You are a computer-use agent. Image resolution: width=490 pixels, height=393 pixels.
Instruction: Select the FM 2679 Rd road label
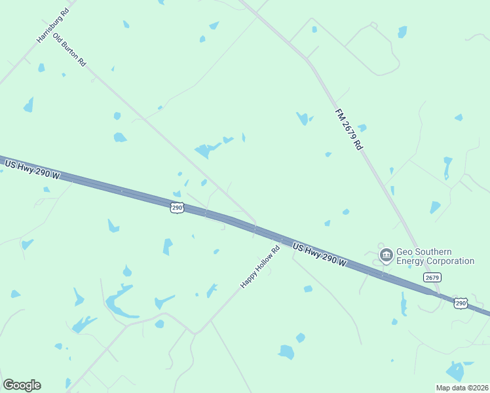(x=349, y=130)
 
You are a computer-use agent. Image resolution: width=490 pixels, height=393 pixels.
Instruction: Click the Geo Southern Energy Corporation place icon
(x=386, y=254)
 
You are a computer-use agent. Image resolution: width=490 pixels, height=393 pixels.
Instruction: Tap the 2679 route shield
(x=432, y=277)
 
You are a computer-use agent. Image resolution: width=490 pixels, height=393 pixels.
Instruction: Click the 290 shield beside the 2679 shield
(x=461, y=303)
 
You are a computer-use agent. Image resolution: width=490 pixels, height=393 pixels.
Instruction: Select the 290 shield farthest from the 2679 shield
(x=176, y=207)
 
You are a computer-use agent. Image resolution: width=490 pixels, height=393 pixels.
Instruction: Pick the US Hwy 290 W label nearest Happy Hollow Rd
(x=319, y=254)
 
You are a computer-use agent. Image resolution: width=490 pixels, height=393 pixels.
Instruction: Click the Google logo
(x=22, y=385)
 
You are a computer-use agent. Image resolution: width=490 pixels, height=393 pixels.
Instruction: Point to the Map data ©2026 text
(x=462, y=388)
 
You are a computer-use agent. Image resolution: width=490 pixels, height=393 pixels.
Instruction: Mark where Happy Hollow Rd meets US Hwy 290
(x=280, y=239)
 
